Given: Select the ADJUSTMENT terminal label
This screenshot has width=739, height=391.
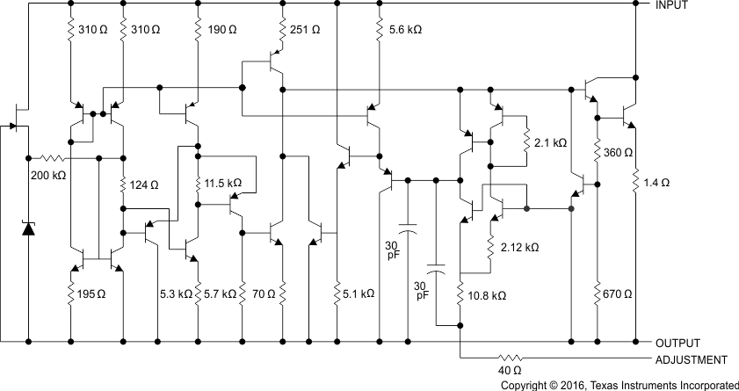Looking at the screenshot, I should tap(691, 360).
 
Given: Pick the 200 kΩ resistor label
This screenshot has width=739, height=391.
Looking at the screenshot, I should tap(48, 175).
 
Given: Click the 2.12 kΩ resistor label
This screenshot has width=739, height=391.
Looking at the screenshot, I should tap(518, 249).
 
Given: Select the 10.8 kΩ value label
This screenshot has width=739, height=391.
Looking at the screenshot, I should tap(487, 296).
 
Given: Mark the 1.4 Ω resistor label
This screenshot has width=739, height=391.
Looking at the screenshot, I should tap(657, 183).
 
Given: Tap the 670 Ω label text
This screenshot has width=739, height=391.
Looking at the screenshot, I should tap(620, 293).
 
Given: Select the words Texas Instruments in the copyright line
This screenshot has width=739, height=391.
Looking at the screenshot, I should tap(625, 385).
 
